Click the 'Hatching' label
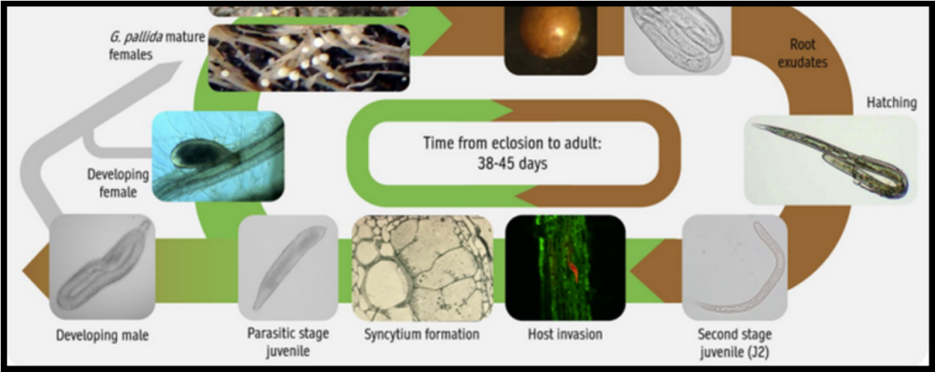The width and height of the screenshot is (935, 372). tap(891, 102)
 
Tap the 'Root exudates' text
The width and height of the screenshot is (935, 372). tap(802, 53)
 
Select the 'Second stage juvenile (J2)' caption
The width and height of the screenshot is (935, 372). tap(734, 343)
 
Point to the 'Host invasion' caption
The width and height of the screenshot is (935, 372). tap(564, 334)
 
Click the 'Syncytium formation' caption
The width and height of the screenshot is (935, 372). tap(422, 334)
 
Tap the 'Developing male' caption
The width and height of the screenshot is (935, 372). tap(102, 335)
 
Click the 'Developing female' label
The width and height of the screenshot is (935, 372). tap(118, 183)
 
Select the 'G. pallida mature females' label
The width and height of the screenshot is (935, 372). tap(157, 46)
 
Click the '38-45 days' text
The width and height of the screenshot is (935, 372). tap(512, 164)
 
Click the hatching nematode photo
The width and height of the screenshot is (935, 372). tap(830, 160)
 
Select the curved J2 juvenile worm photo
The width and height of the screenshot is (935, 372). tap(735, 268)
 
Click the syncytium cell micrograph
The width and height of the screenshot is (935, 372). tap(422, 268)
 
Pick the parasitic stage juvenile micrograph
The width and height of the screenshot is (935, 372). tap(288, 267)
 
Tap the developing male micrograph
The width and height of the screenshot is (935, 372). tap(102, 267)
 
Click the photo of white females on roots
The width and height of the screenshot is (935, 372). tap(309, 58)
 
